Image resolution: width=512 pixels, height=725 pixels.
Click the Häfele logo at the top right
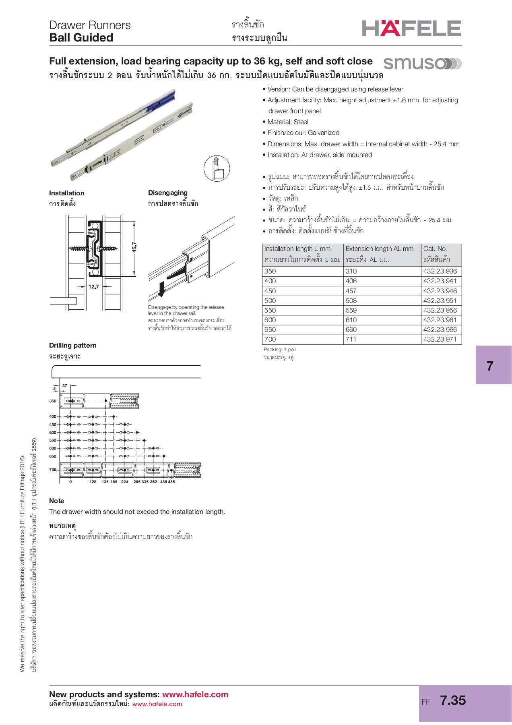tap(411, 29)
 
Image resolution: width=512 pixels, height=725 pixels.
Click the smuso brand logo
tap(422, 64)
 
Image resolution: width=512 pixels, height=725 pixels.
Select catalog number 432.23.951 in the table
tap(440, 300)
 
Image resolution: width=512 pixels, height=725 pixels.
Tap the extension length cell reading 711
tap(351, 339)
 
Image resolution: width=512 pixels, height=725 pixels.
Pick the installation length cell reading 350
tap(270, 271)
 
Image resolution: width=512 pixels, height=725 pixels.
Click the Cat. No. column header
tap(436, 249)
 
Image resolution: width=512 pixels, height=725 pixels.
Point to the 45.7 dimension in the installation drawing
tap(134, 247)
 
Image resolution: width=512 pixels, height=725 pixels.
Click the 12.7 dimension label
tap(93, 287)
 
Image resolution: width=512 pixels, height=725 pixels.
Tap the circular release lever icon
tap(217, 168)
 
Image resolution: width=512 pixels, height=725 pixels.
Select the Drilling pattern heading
tap(73, 345)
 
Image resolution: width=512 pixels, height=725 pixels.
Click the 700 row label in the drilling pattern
tap(53, 470)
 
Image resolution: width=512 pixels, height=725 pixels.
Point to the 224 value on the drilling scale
tap(124, 482)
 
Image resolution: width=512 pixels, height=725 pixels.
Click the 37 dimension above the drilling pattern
tap(65, 385)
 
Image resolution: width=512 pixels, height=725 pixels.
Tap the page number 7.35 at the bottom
tap(453, 700)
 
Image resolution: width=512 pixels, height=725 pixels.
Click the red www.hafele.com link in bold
tap(195, 694)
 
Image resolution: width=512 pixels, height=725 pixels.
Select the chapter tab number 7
tap(489, 366)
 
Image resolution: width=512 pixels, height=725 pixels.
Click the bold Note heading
tap(57, 501)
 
